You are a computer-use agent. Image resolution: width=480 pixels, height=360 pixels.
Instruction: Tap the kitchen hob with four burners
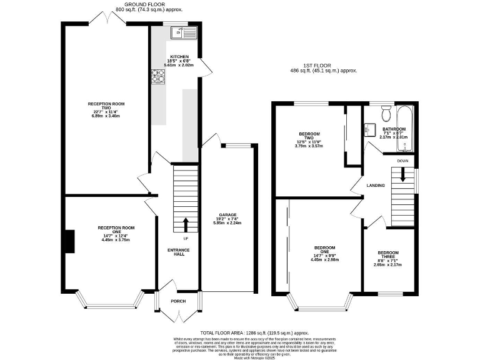pyautogui.click(x=156, y=76)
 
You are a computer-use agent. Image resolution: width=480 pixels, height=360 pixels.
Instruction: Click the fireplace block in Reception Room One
pyautogui.click(x=68, y=242)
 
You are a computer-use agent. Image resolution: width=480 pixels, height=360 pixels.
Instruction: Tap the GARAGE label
pyautogui.click(x=227, y=216)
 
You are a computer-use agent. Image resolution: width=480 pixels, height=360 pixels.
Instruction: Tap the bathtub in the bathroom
pyautogui.click(x=406, y=128)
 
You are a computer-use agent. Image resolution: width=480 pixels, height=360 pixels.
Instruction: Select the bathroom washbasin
pyautogui.click(x=369, y=129)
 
